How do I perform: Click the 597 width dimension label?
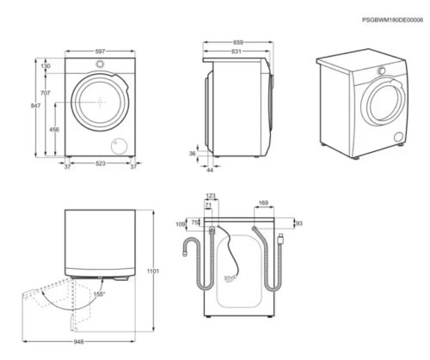100,52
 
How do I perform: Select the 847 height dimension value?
35,106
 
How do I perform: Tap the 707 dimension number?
46,93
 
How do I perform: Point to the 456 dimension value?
54,130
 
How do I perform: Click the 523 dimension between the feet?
101,163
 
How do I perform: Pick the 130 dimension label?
46,66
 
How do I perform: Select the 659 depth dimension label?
238,43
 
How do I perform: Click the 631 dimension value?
236,52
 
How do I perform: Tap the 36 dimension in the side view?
193,154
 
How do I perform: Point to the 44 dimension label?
210,170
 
